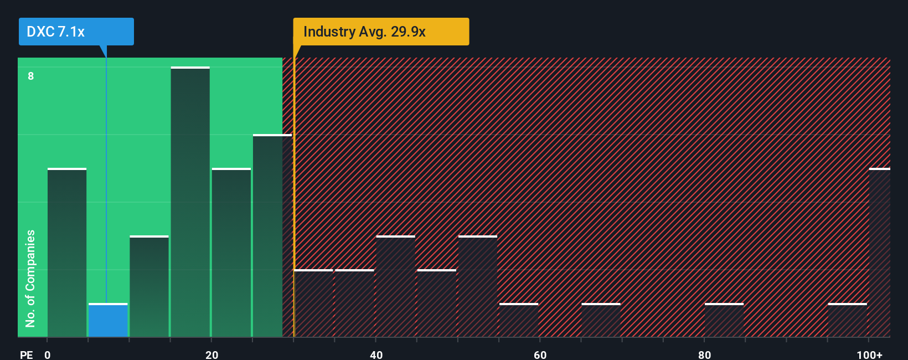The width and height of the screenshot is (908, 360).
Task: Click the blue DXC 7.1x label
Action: (x=76, y=32)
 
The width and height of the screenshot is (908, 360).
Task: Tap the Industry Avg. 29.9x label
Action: (x=380, y=32)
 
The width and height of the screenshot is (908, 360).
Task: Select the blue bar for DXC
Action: (x=108, y=320)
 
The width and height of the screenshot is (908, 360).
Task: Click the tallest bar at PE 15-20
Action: (x=190, y=202)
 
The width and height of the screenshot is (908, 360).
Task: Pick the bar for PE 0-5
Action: (x=67, y=253)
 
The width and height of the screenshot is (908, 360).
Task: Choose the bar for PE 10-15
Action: (x=149, y=286)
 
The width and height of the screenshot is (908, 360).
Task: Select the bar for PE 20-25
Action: (x=231, y=253)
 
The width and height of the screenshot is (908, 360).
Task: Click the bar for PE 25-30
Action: (x=272, y=236)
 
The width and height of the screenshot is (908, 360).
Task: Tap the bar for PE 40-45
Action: (x=395, y=286)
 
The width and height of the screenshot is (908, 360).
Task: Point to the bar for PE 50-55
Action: (x=477, y=286)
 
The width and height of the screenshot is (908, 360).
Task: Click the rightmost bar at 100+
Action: (x=879, y=253)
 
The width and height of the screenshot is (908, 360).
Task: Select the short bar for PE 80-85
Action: (x=724, y=320)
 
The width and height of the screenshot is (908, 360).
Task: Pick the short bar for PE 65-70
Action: (x=601, y=320)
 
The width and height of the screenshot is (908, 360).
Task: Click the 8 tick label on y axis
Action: (x=31, y=76)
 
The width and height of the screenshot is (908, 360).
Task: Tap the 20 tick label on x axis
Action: (x=211, y=354)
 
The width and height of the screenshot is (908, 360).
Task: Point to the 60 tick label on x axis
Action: (x=540, y=354)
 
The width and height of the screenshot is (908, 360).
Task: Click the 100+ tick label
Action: (x=869, y=354)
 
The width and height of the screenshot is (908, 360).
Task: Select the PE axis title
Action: (x=26, y=354)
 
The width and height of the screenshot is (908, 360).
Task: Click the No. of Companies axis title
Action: (x=30, y=278)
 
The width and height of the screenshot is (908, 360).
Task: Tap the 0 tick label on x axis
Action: (x=48, y=354)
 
